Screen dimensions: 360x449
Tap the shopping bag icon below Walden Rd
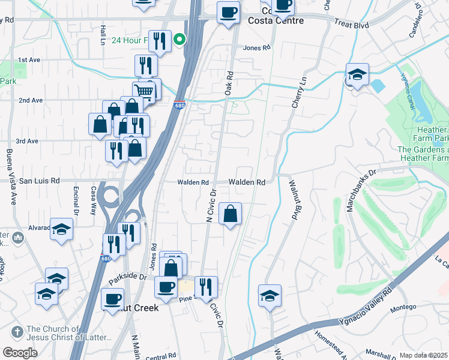(231, 214)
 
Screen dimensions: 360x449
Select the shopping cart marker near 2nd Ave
(144, 92)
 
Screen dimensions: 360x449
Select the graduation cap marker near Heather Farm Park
(357, 75)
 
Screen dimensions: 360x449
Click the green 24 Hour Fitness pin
(179, 41)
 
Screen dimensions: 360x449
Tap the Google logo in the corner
(20, 353)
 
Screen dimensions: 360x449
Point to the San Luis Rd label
(40, 180)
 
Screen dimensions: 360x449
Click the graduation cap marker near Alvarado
(61, 229)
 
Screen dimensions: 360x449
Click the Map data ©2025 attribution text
(423, 355)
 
